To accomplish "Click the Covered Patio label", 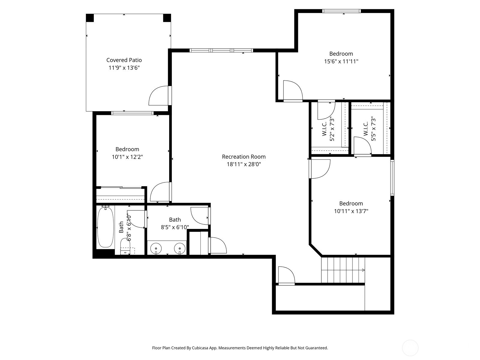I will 124,60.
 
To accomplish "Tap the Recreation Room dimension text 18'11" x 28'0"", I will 244,164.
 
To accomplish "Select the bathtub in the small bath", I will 105,227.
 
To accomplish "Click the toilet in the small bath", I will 125,247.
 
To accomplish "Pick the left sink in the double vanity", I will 156,248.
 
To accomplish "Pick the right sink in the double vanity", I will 180,248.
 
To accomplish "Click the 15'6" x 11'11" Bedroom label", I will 341,54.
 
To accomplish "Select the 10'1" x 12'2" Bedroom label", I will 127,149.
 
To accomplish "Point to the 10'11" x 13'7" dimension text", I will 351,211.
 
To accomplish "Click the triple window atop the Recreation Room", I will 221,50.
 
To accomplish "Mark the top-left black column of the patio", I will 90,18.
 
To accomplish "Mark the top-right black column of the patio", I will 167,18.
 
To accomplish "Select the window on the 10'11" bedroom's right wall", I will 392,178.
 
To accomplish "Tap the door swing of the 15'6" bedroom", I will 292,90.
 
